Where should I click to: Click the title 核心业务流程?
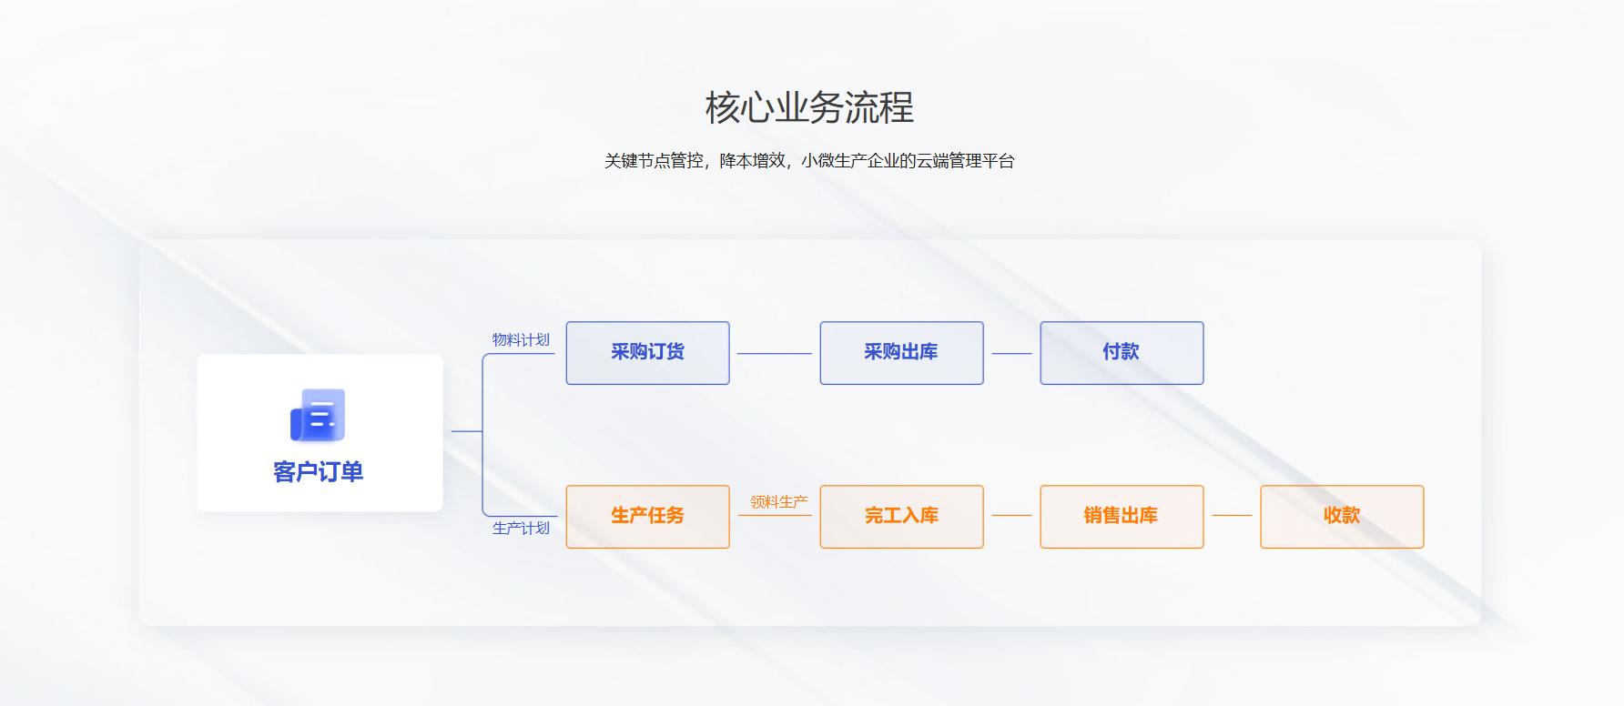tap(809, 107)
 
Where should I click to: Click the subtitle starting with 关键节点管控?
tap(809, 161)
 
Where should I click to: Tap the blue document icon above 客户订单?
tap(318, 415)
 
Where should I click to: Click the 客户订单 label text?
tap(318, 471)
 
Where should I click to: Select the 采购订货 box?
tap(647, 353)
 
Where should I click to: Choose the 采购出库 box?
tap(901, 353)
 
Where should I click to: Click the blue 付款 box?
tap(1122, 353)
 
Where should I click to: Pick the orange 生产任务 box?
tap(647, 517)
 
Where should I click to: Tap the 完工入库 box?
tap(901, 517)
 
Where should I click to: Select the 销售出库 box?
tap(1122, 517)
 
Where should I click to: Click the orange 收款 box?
tap(1342, 517)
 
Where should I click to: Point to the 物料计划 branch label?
tap(521, 339)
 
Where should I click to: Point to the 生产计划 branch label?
tap(521, 528)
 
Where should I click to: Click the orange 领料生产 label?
tap(778, 501)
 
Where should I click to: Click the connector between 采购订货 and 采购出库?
tap(774, 353)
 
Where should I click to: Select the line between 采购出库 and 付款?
tap(1011, 353)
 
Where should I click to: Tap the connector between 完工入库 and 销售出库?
tap(1011, 515)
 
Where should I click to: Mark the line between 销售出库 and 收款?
tap(1232, 515)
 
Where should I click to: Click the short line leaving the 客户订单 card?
tap(467, 431)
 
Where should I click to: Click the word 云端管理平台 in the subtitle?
tap(965, 161)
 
